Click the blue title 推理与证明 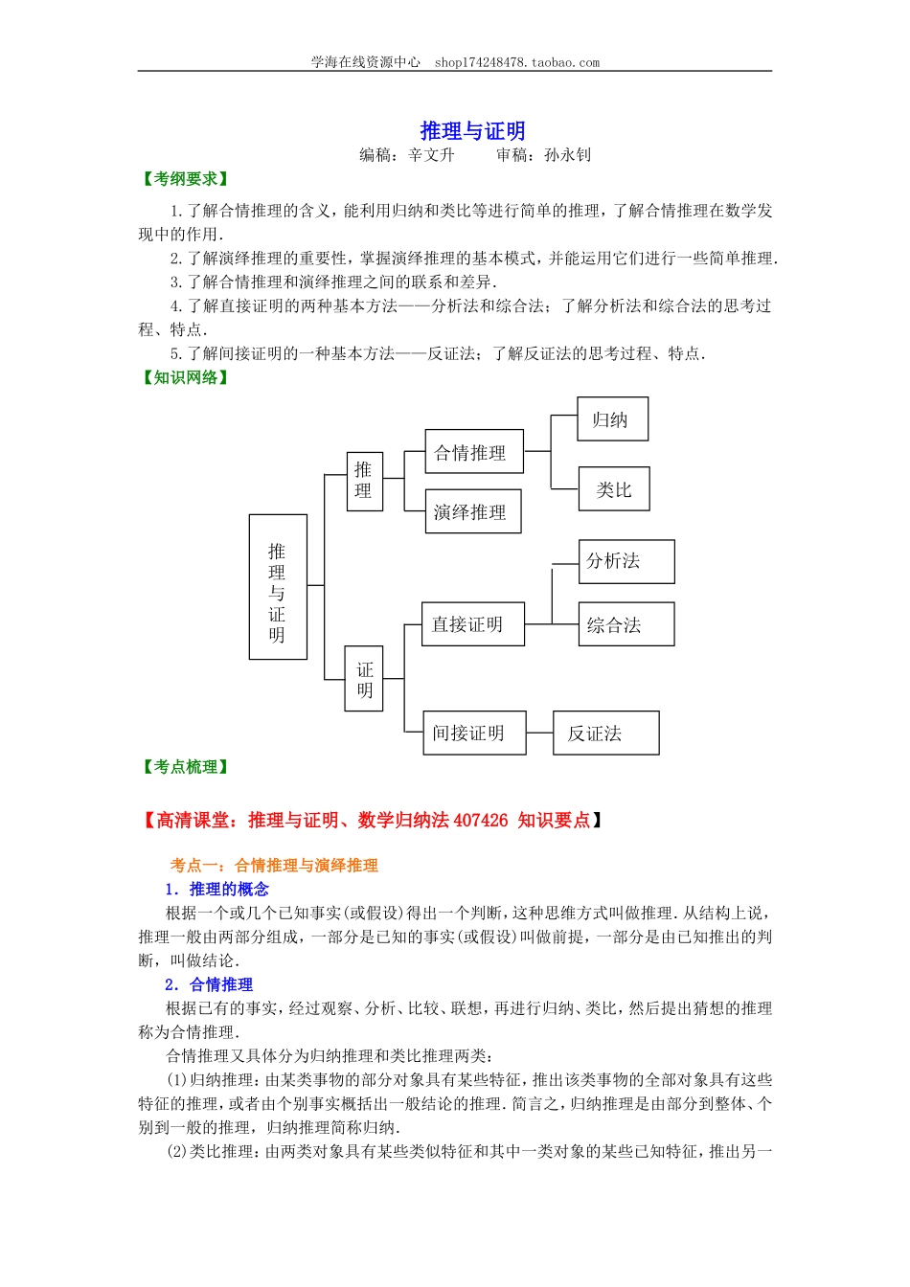click(x=472, y=131)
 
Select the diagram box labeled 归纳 click(x=612, y=419)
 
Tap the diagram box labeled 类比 click(x=614, y=489)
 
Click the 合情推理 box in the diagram click(x=474, y=452)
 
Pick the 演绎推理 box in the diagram click(x=473, y=511)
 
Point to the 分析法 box click(x=626, y=561)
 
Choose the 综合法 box click(x=626, y=624)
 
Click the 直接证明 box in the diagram click(x=472, y=624)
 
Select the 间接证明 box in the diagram click(x=473, y=733)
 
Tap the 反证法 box click(x=605, y=733)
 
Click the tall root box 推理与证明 click(x=278, y=587)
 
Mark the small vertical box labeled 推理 click(x=364, y=481)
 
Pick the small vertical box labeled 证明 click(x=364, y=679)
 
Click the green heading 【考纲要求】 click(x=185, y=179)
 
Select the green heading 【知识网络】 click(x=185, y=377)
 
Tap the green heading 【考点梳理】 click(x=185, y=767)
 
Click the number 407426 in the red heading click(x=480, y=820)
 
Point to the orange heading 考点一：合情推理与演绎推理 click(x=274, y=866)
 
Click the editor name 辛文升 click(x=432, y=155)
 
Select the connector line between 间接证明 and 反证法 click(x=540, y=733)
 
